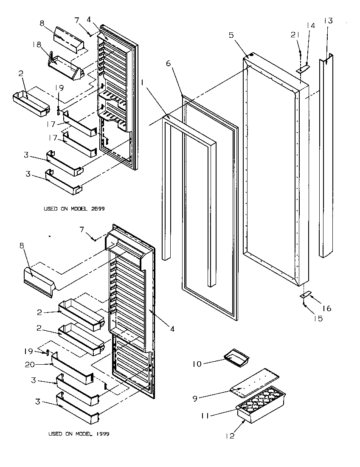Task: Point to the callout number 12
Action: coord(231,435)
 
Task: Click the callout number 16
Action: coord(327,309)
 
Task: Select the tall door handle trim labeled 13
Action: coord(327,157)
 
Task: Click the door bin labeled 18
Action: coord(66,68)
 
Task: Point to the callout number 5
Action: coord(231,35)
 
